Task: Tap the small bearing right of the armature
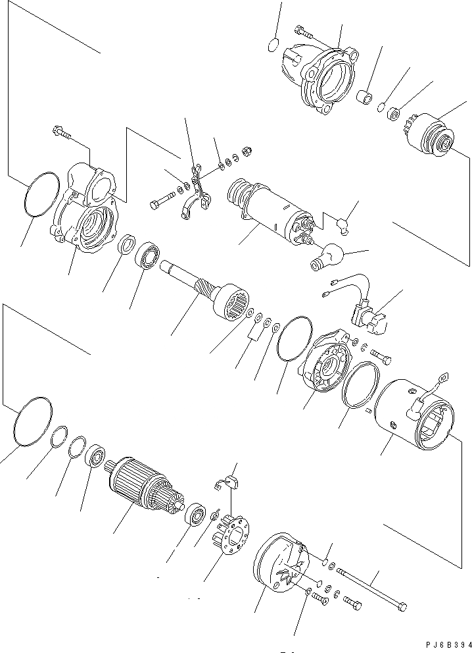tap(196, 515)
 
